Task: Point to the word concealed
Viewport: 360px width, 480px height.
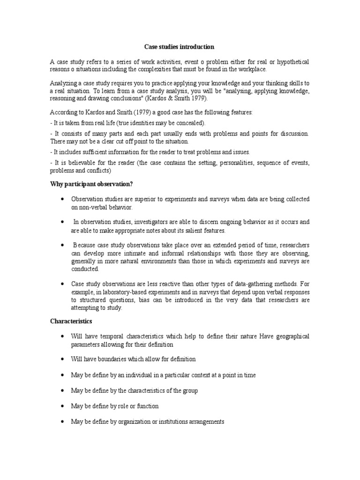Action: pyautogui.click(x=190, y=123)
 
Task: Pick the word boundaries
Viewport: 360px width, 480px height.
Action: pyautogui.click(x=112, y=359)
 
